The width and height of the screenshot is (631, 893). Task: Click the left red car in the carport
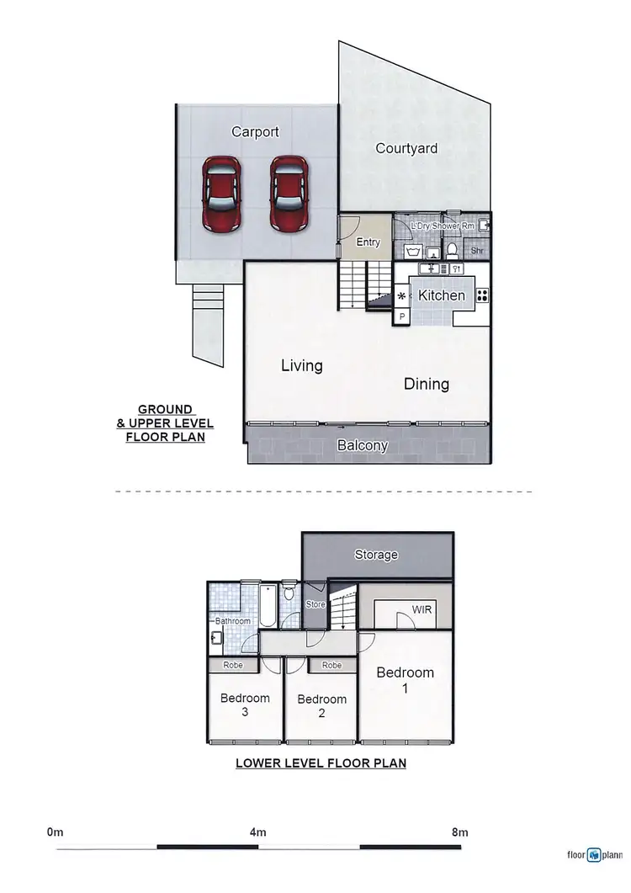click(220, 193)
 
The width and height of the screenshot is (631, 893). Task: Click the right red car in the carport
click(288, 193)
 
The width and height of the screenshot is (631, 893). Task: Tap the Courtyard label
click(406, 148)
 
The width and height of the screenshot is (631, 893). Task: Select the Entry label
click(369, 242)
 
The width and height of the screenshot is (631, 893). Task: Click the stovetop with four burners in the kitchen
click(482, 295)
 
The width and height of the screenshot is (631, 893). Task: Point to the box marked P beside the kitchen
click(401, 316)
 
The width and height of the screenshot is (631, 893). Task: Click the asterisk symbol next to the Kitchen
click(401, 296)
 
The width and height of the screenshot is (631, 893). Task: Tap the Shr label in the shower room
click(477, 251)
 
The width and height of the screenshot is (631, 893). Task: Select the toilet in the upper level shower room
click(452, 249)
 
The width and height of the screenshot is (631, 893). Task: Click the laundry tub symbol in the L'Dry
click(413, 251)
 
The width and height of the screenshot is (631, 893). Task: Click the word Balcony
click(363, 446)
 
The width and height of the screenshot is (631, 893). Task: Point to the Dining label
click(427, 384)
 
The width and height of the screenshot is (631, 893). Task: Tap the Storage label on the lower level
click(376, 555)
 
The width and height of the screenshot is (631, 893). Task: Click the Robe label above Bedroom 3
click(234, 665)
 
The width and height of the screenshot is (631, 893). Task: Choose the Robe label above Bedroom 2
click(331, 665)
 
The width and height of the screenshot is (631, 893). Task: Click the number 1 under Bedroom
click(405, 688)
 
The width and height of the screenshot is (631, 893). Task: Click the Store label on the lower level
click(315, 603)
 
